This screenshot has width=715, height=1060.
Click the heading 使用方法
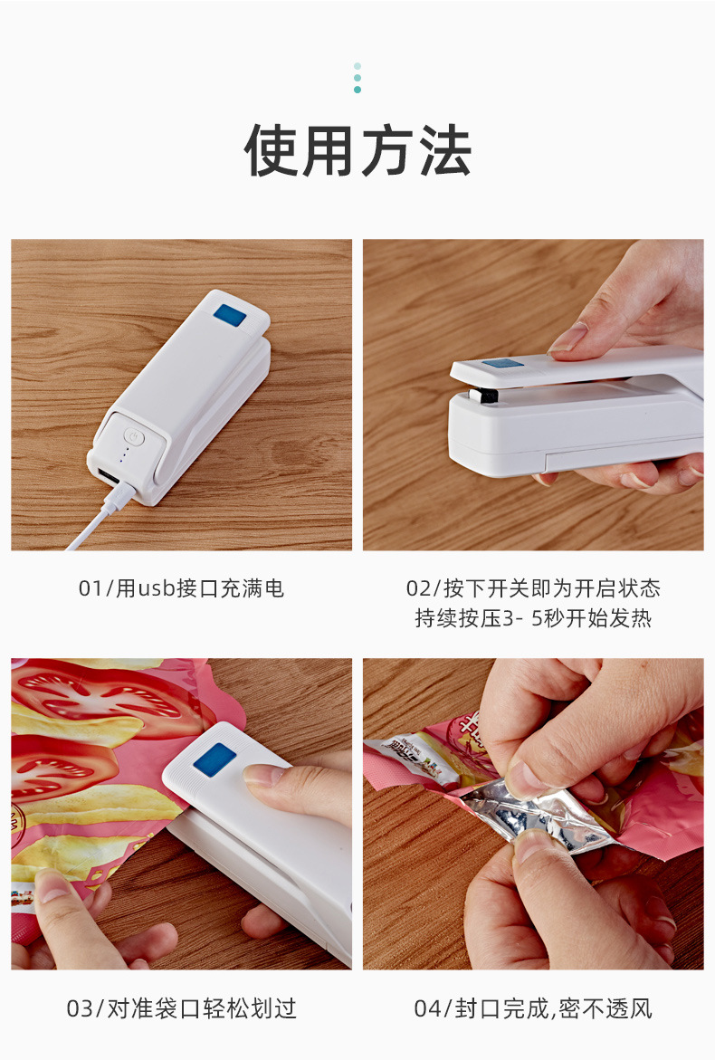[357, 151]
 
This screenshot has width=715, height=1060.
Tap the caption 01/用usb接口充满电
[181, 588]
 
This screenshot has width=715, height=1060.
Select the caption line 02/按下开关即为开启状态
[533, 588]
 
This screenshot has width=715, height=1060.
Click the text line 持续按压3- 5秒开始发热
[533, 619]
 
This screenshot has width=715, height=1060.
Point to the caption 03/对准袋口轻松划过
[181, 1008]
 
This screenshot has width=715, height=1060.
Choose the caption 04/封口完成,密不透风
[533, 1008]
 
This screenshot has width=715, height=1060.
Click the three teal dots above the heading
[357, 78]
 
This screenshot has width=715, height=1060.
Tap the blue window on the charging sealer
[230, 317]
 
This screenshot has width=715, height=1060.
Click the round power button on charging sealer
[133, 436]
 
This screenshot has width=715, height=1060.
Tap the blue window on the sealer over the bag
[214, 759]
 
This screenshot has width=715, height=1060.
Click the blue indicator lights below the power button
[125, 458]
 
